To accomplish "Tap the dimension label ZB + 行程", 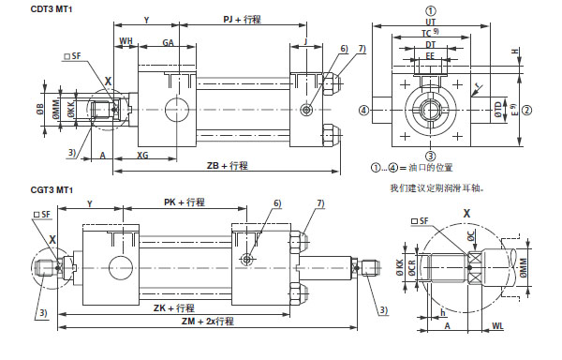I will click(227, 165).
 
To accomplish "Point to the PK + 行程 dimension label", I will click(184, 202).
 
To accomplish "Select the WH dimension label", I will click(126, 40).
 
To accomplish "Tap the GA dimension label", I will click(168, 40).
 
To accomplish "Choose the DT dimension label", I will click(431, 44).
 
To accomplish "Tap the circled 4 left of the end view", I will click(362, 110).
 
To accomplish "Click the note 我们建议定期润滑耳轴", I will click(436, 187).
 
